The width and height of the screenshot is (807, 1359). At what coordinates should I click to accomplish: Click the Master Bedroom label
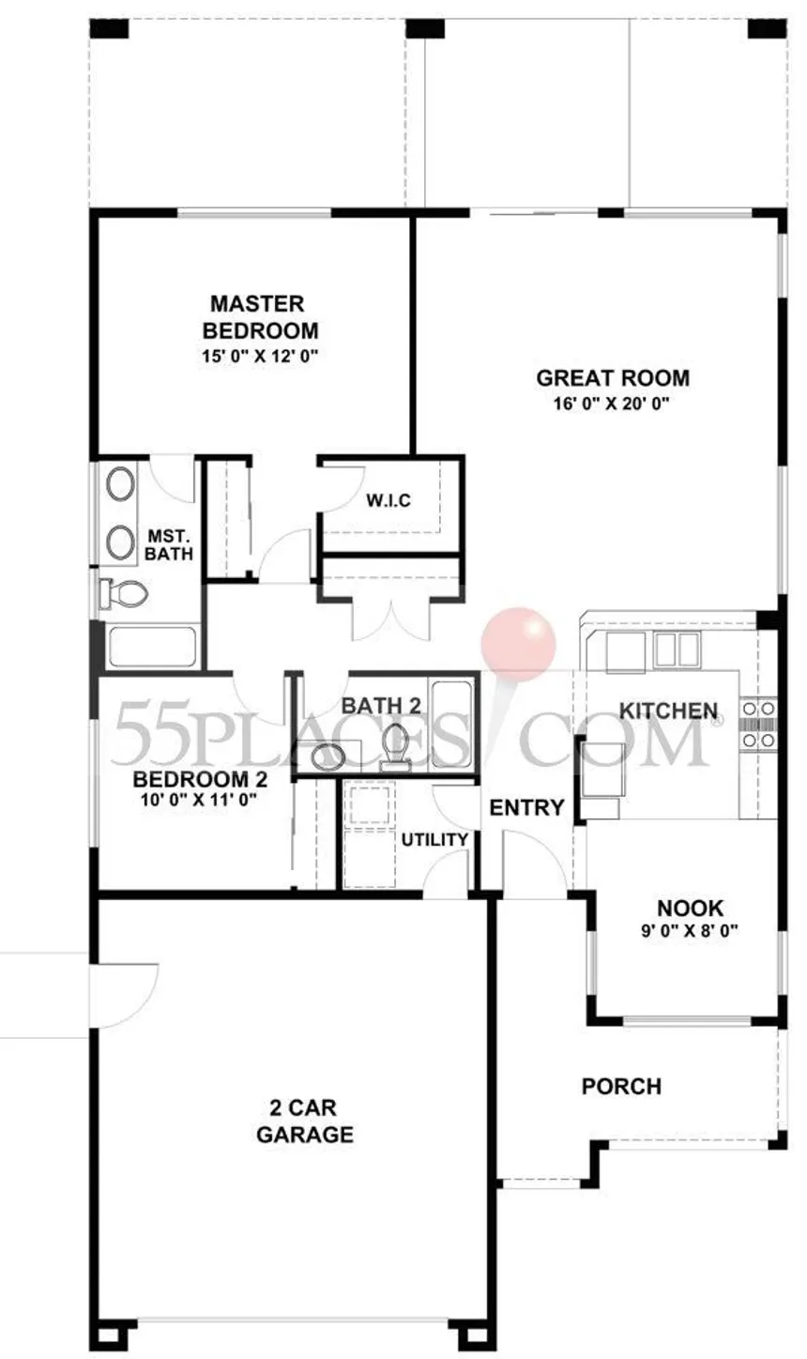click(x=260, y=316)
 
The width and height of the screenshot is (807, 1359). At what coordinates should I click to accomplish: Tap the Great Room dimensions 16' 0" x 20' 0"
click(x=612, y=404)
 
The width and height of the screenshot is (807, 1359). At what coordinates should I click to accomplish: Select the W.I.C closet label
click(x=388, y=500)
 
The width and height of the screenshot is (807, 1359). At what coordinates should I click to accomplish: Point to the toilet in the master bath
click(x=125, y=593)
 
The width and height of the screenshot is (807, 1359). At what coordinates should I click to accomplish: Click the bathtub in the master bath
click(x=152, y=647)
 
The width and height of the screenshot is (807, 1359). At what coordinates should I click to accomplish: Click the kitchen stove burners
click(x=758, y=725)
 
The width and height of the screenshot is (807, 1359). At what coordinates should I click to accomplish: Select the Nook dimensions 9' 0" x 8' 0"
click(x=690, y=930)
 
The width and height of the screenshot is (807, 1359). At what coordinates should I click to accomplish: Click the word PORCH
click(x=621, y=1086)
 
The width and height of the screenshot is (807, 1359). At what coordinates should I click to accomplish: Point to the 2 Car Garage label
click(x=305, y=1122)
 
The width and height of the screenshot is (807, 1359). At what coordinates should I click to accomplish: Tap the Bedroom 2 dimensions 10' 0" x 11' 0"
click(x=199, y=801)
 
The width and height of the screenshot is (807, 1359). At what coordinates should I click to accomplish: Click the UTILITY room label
click(x=434, y=840)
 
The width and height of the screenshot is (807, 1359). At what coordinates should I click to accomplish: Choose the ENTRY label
click(x=526, y=807)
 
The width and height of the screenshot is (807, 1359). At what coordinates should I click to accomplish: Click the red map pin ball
click(x=519, y=643)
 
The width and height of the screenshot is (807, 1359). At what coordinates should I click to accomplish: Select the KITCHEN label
click(x=668, y=710)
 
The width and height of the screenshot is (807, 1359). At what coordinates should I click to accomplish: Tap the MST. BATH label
click(x=169, y=544)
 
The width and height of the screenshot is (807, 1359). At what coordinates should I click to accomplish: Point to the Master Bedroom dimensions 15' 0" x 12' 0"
click(x=260, y=356)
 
